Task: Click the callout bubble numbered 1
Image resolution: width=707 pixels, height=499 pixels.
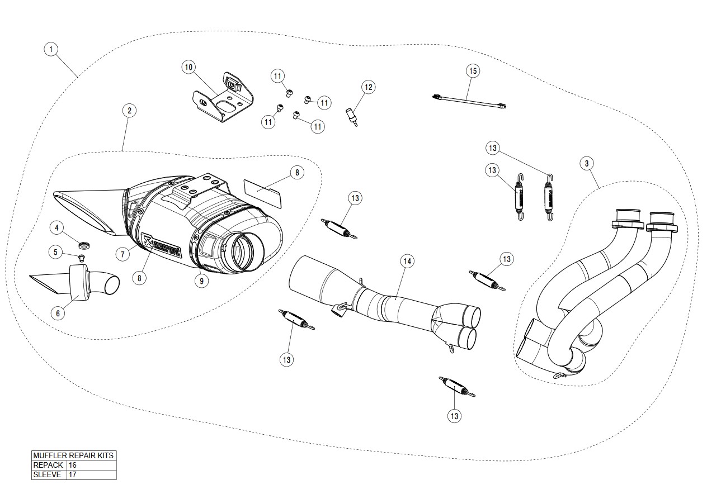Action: (x=51, y=49)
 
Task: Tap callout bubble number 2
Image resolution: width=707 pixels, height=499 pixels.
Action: (x=129, y=111)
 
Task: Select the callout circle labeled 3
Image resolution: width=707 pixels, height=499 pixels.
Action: (x=586, y=163)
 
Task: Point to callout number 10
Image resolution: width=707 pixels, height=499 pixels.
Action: (x=188, y=67)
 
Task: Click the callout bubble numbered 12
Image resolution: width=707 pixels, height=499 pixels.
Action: (x=368, y=87)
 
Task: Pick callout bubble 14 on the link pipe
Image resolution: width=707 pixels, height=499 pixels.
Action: (x=407, y=261)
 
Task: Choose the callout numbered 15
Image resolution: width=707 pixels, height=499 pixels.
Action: (x=473, y=71)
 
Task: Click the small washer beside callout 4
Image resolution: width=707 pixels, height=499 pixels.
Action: (x=84, y=244)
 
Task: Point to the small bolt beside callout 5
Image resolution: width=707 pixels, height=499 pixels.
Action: (x=82, y=258)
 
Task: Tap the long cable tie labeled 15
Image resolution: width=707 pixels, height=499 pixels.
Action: (x=469, y=101)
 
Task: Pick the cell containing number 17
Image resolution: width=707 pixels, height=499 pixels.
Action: (x=91, y=475)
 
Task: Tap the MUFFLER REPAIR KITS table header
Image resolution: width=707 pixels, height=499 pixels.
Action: (x=74, y=455)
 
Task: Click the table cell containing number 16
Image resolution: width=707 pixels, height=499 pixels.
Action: (x=91, y=465)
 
